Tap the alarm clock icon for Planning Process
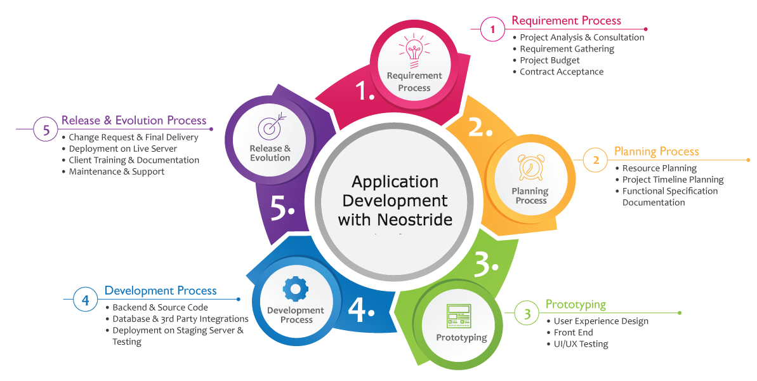530,168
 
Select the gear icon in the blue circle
295,288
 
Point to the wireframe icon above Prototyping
458,315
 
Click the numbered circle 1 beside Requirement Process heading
492,29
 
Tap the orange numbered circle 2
596,160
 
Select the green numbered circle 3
527,313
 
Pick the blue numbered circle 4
85,299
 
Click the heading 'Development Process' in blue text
161,291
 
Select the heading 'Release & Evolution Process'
134,121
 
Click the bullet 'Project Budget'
550,60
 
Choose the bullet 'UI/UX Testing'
581,344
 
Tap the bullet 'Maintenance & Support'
116,171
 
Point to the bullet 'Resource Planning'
659,168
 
